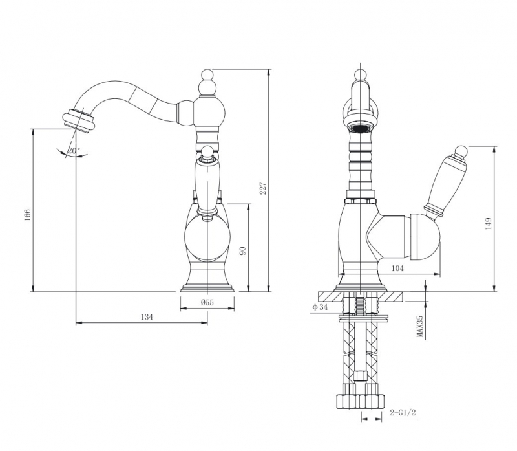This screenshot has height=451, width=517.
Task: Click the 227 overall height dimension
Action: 263,188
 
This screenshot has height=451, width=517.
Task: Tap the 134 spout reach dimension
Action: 147,317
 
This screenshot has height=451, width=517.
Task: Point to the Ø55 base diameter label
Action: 207,302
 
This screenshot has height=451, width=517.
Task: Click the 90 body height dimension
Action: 243,250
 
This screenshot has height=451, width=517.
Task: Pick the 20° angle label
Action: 74,151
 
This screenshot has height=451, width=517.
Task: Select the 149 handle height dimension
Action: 489,223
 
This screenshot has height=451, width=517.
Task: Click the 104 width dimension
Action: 397,269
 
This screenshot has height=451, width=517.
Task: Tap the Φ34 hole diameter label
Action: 320,307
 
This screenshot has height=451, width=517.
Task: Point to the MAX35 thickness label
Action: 419,326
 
